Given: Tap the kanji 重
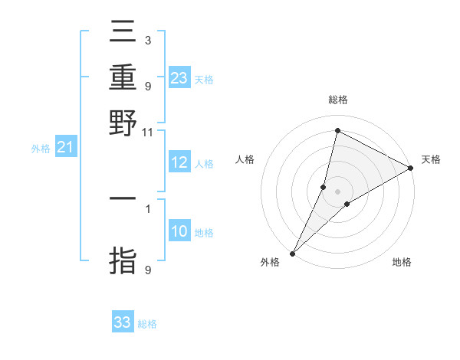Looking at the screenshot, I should (x=123, y=78).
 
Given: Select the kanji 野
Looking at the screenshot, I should (x=123, y=123).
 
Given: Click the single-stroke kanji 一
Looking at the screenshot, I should (x=123, y=200).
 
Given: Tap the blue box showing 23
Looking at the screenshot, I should (x=179, y=77).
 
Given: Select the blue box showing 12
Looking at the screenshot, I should (x=179, y=162).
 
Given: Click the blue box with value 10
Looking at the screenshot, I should (x=179, y=231).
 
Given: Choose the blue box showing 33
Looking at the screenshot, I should (x=123, y=322).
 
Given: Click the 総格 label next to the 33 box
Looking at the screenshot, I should (x=147, y=324).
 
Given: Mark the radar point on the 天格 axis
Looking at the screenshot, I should (x=411, y=169).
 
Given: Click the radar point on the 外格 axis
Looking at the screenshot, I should (x=292, y=253).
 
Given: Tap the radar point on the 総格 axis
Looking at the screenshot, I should (x=337, y=131).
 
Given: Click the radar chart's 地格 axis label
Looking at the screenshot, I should (x=402, y=262).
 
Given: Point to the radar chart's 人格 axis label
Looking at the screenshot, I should (x=245, y=159).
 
